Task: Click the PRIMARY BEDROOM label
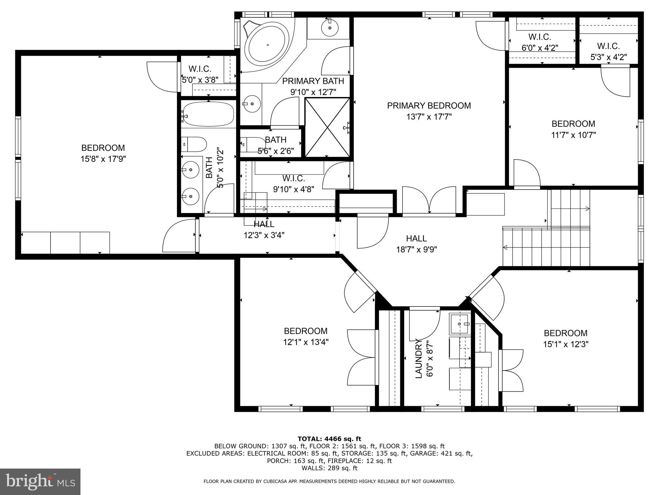(429, 106)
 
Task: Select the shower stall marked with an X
(327, 128)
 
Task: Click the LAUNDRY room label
(418, 358)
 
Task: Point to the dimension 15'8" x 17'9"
(103, 159)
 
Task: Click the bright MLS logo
(40, 481)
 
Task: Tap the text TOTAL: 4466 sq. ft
(329, 439)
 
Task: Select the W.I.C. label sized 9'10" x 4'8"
(293, 178)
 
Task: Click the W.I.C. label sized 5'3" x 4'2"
(608, 46)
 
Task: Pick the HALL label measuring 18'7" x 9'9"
(416, 238)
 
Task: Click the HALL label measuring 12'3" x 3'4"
(264, 224)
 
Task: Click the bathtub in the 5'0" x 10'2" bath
(208, 115)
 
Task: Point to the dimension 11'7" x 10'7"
(573, 135)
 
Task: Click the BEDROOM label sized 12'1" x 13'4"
(305, 331)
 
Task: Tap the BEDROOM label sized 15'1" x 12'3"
(565, 333)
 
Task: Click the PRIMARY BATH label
(313, 81)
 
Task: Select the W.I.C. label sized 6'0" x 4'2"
(540, 37)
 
